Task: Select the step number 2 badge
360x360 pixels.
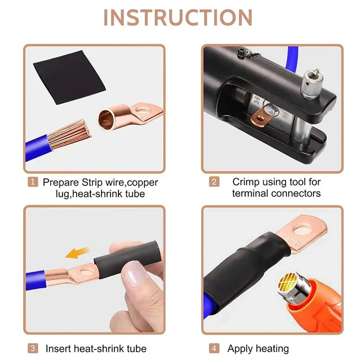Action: coord(215,182)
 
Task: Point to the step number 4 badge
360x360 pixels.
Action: coord(215,348)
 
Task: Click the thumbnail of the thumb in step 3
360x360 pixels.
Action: coord(133,274)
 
